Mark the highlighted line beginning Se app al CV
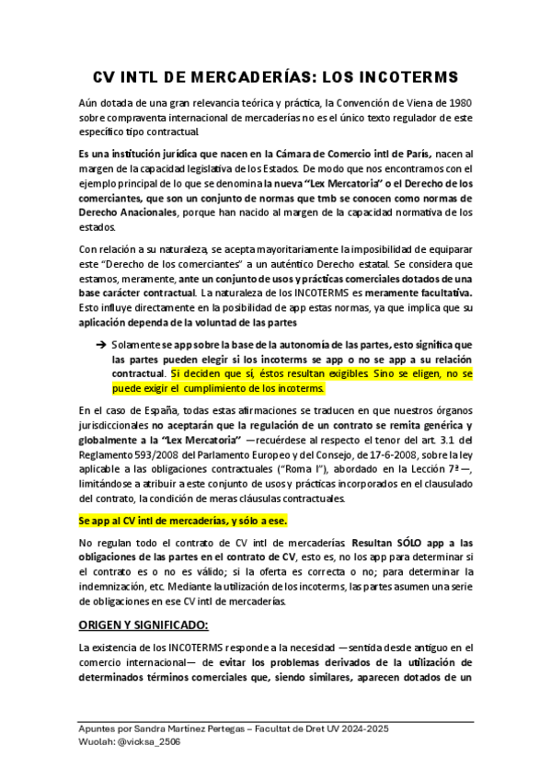169,521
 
